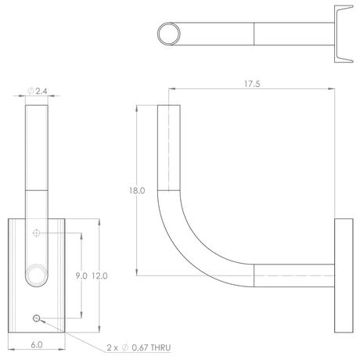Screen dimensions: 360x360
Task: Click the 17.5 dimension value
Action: click(x=252, y=84)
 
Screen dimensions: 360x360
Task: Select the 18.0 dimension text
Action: click(x=137, y=191)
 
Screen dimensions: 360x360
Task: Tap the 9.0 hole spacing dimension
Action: click(x=81, y=275)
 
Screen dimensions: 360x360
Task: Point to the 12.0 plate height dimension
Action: click(x=99, y=275)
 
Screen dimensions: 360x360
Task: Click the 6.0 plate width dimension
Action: click(x=37, y=344)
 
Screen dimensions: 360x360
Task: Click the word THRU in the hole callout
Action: click(x=160, y=347)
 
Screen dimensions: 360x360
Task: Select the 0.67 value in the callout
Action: click(x=140, y=347)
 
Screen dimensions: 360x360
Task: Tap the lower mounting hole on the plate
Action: click(x=37, y=318)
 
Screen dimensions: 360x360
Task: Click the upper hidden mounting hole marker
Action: click(x=37, y=232)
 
